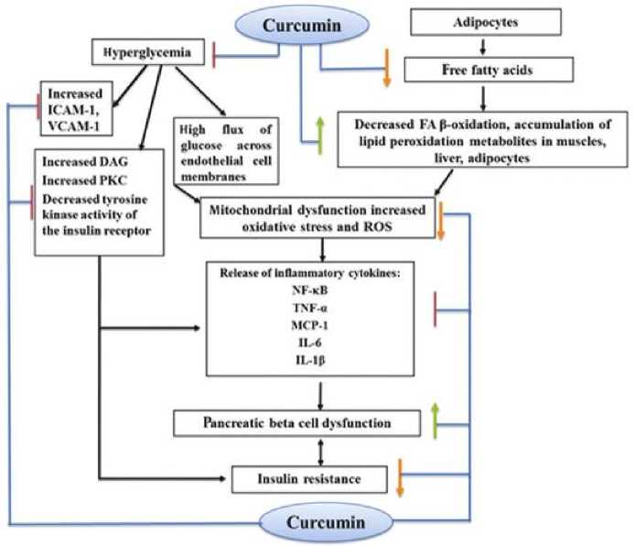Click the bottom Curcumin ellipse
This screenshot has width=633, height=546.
(x=316, y=522)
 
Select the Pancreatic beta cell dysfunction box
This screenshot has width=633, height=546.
(x=297, y=423)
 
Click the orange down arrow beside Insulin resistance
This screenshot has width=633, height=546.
(x=401, y=477)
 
